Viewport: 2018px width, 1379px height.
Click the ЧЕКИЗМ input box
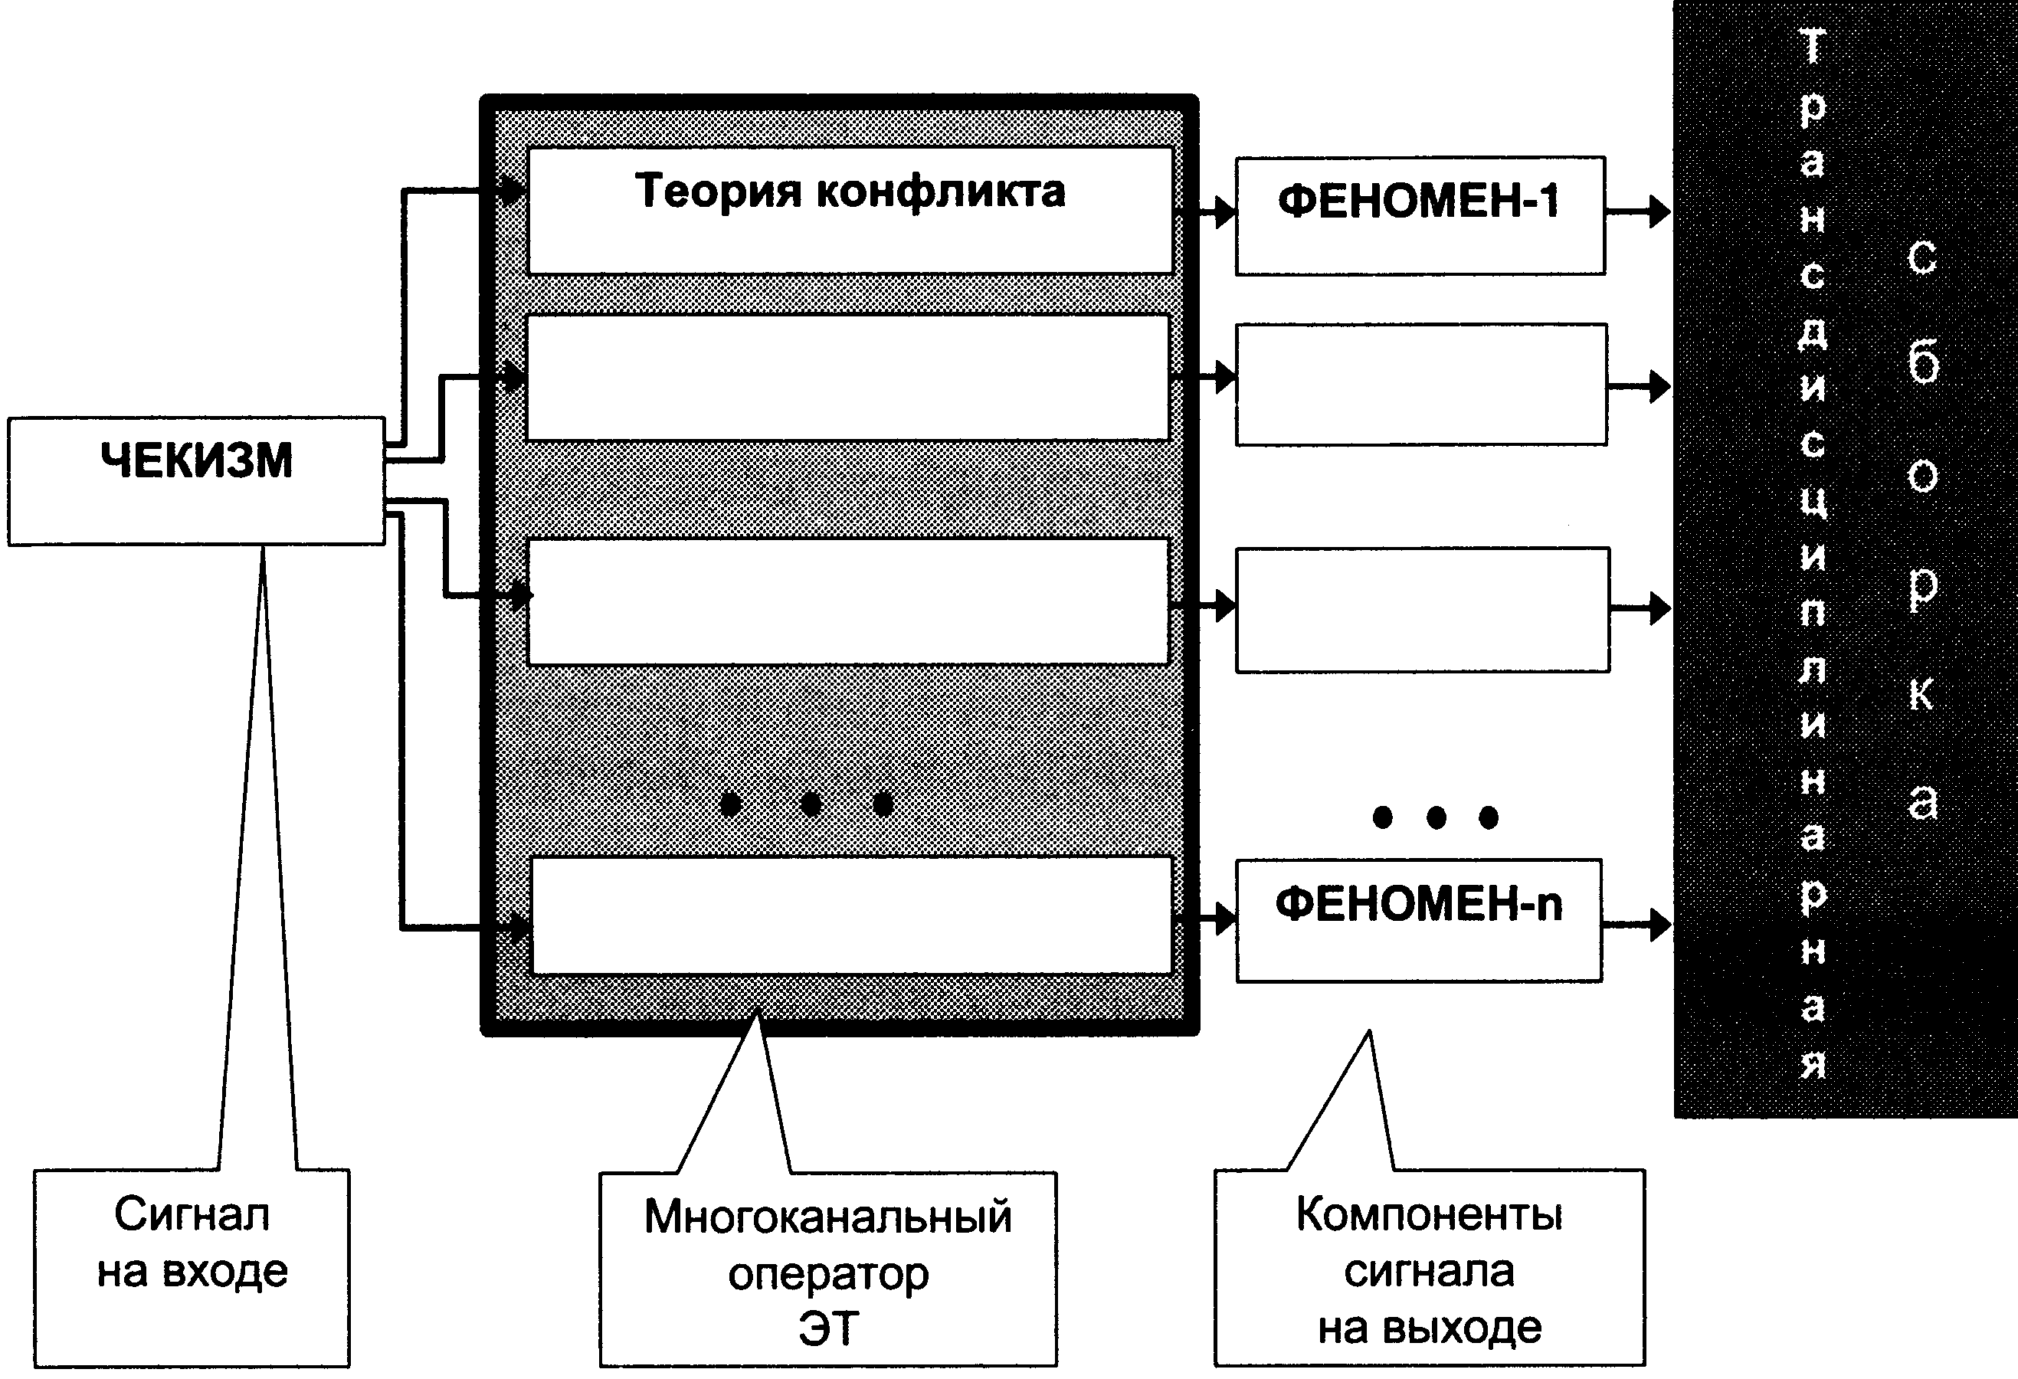point(196,481)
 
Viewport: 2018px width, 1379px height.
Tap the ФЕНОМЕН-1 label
point(1419,201)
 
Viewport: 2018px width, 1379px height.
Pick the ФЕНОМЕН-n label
point(1419,904)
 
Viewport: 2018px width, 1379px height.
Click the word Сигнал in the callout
point(192,1214)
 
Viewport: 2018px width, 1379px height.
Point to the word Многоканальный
point(828,1216)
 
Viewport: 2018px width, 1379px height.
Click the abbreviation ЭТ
point(829,1328)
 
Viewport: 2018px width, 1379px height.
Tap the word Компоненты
point(1430,1214)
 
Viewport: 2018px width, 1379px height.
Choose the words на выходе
point(1430,1328)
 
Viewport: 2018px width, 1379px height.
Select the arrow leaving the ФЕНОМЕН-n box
point(1636,924)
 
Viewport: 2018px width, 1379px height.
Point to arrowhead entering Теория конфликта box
point(514,189)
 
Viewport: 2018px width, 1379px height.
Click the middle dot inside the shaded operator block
point(810,804)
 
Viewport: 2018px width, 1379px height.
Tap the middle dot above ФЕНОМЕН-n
point(1437,817)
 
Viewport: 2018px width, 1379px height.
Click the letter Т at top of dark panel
point(1812,46)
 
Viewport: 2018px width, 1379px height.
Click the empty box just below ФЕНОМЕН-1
point(1421,385)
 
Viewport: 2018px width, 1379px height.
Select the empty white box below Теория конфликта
point(848,378)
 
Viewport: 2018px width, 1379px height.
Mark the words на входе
point(192,1271)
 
